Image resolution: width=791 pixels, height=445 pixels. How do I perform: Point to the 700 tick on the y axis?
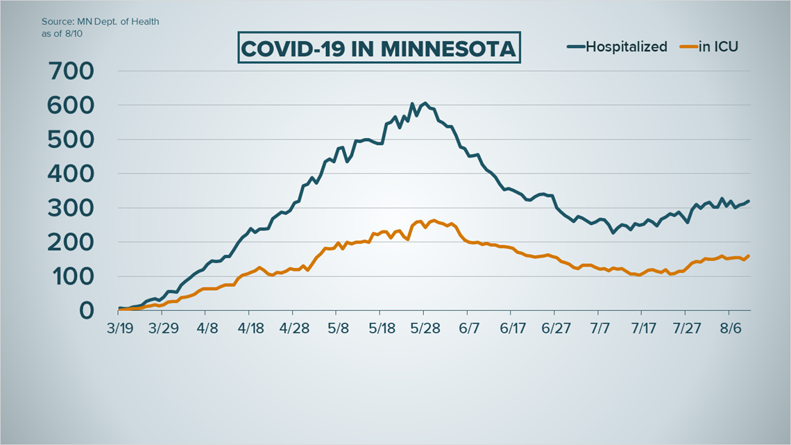[71, 71]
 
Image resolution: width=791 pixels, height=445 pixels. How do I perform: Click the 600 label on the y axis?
[71, 106]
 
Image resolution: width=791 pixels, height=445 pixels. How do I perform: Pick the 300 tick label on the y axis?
[71, 208]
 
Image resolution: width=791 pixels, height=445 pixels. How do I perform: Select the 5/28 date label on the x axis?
[423, 327]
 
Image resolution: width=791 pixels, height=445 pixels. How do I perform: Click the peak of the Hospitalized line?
[425, 103]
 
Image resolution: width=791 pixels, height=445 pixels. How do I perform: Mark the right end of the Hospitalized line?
[749, 201]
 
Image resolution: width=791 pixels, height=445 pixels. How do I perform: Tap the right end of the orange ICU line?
[749, 255]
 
